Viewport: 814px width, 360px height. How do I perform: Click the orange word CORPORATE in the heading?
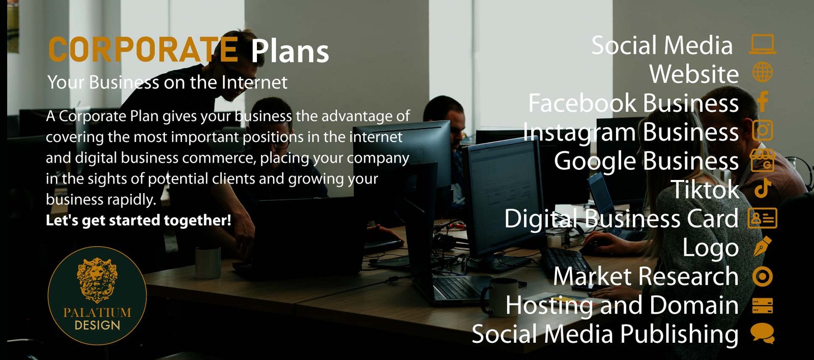pos(142,50)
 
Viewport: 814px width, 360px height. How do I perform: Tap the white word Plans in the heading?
pos(290,51)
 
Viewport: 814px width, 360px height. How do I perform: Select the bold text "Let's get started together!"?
pos(138,220)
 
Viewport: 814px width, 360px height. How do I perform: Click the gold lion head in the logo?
pos(97,278)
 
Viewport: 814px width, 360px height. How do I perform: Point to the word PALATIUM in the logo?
pos(97,312)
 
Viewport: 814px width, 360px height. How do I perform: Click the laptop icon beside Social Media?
pos(762,45)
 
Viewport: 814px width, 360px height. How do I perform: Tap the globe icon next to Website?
pos(762,73)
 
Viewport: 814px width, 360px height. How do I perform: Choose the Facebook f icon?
pos(762,101)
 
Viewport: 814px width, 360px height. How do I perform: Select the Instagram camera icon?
pos(762,130)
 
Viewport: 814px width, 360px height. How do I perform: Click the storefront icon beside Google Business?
pos(762,160)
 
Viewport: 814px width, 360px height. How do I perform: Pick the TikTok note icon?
pos(762,189)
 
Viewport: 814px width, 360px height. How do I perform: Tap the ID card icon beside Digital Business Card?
pos(762,218)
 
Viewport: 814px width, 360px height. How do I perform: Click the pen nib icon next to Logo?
pos(762,247)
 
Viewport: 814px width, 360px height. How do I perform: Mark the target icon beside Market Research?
pos(762,277)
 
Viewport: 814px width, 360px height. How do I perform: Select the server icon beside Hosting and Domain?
pos(762,306)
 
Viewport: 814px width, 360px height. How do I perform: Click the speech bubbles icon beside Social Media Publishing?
pos(762,334)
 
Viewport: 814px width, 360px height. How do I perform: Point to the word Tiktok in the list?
pos(705,190)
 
